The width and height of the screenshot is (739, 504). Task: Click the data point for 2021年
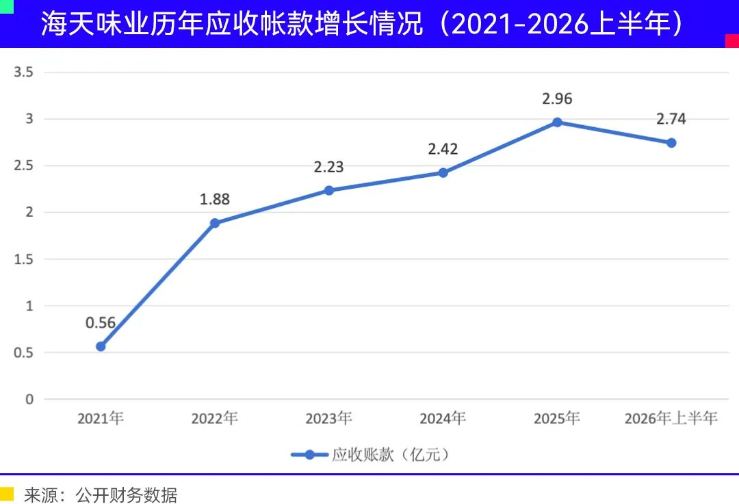(x=101, y=347)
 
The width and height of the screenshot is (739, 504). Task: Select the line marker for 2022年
(x=215, y=223)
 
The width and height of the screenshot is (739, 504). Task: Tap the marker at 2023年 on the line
(x=329, y=190)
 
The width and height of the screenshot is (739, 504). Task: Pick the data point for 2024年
(x=443, y=173)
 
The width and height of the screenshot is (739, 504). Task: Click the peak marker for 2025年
(x=557, y=122)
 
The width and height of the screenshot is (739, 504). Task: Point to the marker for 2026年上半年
(x=671, y=143)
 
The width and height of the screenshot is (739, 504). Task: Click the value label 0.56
(x=101, y=323)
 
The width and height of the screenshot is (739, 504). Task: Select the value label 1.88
(x=215, y=199)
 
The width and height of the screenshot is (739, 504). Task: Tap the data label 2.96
(x=557, y=99)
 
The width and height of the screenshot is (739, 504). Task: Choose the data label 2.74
(x=671, y=119)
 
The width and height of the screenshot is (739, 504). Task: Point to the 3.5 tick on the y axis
(x=23, y=72)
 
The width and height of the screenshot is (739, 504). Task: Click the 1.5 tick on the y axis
(x=23, y=259)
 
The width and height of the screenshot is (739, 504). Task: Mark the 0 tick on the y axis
(x=29, y=399)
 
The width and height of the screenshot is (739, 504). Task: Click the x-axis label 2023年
(x=329, y=419)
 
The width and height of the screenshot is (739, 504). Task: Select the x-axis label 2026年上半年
(x=671, y=419)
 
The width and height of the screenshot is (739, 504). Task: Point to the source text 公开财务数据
(x=127, y=495)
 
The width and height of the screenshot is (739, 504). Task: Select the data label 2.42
(x=443, y=149)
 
